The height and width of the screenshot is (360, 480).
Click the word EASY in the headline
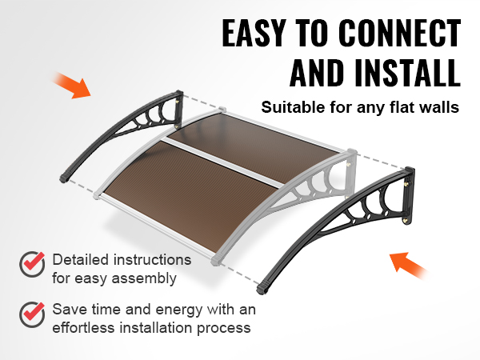(x=254, y=33)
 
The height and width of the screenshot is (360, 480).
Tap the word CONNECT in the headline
(x=399, y=33)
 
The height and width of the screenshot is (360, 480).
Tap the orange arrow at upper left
(x=72, y=86)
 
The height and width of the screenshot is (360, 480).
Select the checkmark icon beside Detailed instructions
(x=32, y=265)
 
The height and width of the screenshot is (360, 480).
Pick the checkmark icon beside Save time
(x=32, y=314)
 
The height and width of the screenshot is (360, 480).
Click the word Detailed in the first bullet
(x=81, y=260)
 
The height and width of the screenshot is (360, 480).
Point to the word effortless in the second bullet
(x=83, y=328)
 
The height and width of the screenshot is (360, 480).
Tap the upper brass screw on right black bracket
(x=407, y=184)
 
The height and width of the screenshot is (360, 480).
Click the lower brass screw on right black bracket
(x=406, y=220)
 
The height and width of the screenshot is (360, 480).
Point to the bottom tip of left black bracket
(x=64, y=178)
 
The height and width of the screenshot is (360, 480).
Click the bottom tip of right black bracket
(x=262, y=290)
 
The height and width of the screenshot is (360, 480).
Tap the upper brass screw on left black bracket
(x=178, y=101)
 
